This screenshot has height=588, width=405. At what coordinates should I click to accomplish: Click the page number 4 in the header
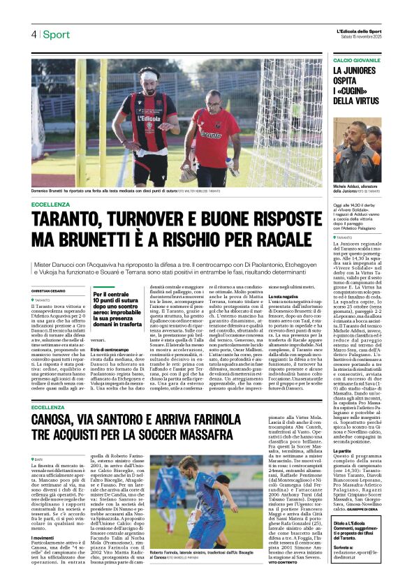coord(33,35)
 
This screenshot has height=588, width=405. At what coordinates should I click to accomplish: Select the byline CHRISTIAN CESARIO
coord(50,291)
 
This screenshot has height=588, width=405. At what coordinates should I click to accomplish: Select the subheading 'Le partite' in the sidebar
coord(344,451)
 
